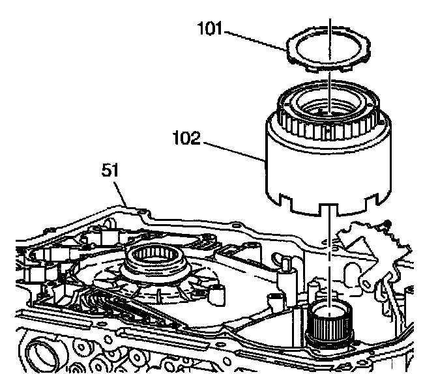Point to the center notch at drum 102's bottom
(x=330, y=207)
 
